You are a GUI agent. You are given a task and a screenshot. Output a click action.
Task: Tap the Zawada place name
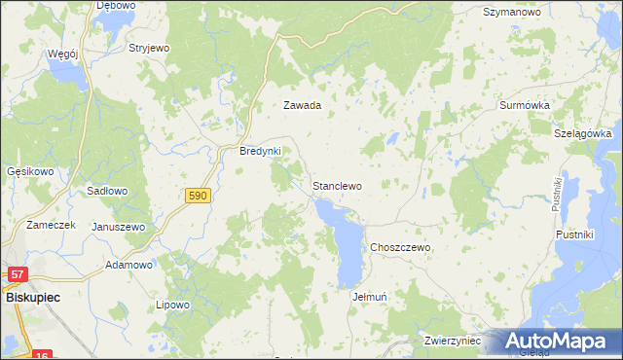pyautogui.click(x=302, y=105)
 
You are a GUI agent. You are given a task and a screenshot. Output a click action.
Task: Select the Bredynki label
pyautogui.click(x=260, y=152)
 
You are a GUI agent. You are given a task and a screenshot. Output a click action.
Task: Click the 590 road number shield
pyautogui.click(x=198, y=196)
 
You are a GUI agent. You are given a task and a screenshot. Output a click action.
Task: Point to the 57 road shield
pyautogui.click(x=18, y=277)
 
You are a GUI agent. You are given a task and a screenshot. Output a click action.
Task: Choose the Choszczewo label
pyautogui.click(x=399, y=248)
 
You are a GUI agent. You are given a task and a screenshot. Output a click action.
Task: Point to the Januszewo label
pyautogui.click(x=118, y=227)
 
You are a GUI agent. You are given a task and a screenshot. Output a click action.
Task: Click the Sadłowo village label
pyautogui.click(x=107, y=192)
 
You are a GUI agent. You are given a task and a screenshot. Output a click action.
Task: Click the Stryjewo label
pyautogui.click(x=149, y=47)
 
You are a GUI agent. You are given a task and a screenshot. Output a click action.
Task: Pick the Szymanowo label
pyautogui.click(x=511, y=13)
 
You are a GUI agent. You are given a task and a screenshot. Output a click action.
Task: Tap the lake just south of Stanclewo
pyautogui.click(x=346, y=243)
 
